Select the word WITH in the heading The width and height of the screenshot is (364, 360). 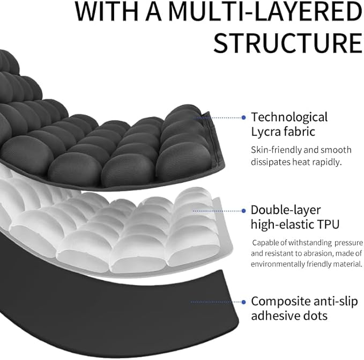(x=105, y=12)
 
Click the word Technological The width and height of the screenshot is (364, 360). (x=289, y=117)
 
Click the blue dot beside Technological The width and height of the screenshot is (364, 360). (x=244, y=117)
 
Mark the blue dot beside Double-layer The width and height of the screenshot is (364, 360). (x=244, y=210)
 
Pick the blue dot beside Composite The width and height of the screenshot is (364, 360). (x=244, y=301)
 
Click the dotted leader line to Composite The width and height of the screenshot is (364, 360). (x=214, y=301)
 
